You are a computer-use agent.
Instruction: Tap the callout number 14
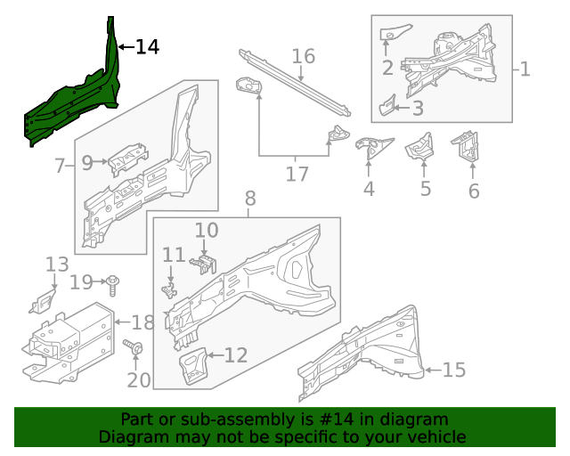[147, 47]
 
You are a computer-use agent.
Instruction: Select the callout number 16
[304, 57]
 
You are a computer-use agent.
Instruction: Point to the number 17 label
[297, 174]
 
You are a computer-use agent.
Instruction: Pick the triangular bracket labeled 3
[387, 107]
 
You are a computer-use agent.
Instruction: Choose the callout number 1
[525, 69]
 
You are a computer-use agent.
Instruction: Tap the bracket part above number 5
[419, 148]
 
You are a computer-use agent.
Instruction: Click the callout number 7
[60, 166]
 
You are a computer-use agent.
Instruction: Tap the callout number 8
[249, 199]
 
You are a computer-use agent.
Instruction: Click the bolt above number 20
[133, 348]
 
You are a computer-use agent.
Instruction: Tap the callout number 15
[454, 370]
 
